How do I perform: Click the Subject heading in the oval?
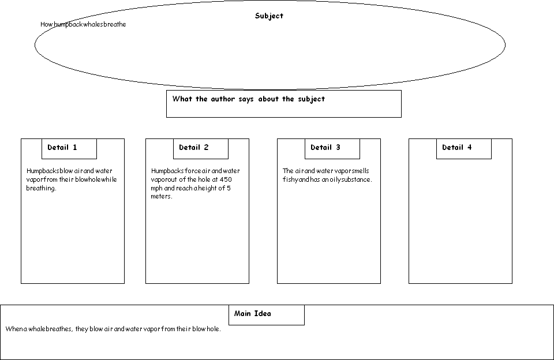[269, 16]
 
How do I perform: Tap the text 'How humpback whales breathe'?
[83, 24]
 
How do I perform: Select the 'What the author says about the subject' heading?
[248, 99]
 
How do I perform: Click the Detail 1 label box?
[69, 149]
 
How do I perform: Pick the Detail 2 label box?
[201, 149]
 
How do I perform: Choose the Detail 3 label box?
[332, 149]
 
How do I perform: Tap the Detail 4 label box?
[464, 149]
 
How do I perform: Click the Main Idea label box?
[267, 315]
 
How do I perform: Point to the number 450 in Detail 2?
[226, 179]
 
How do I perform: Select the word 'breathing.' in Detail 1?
[41, 188]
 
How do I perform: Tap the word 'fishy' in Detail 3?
[290, 180]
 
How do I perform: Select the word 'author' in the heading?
[223, 99]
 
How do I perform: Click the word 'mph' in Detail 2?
[156, 189]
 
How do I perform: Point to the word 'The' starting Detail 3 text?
[287, 171]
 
